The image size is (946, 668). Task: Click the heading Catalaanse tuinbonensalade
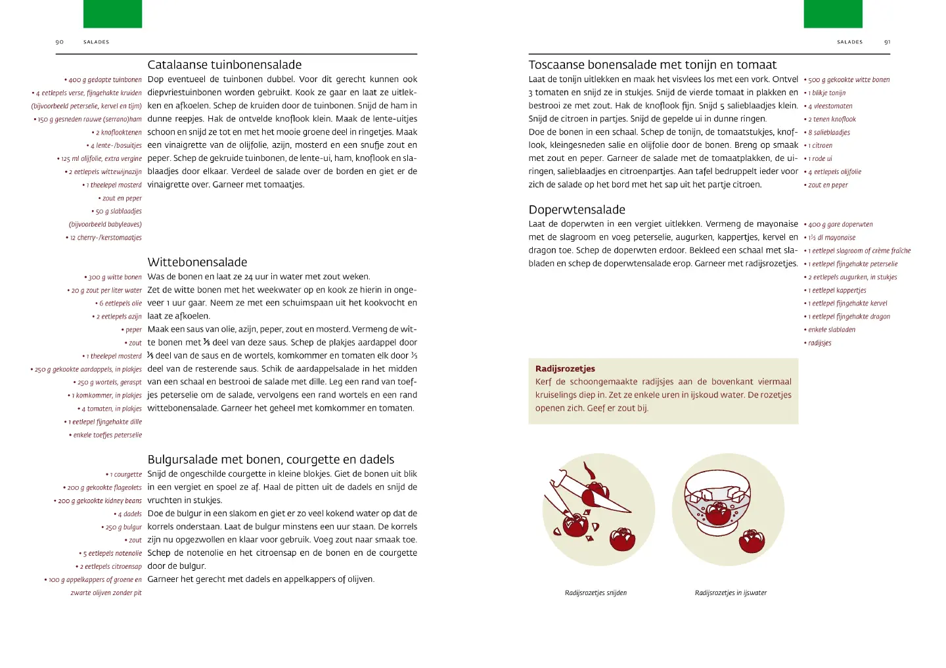point(224,65)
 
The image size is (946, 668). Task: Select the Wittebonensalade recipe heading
point(197,262)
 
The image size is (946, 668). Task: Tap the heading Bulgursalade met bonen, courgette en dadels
point(271,460)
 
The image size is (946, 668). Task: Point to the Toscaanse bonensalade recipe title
point(652,65)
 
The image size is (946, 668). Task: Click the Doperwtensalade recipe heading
point(577,210)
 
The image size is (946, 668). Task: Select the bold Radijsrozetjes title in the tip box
point(565,369)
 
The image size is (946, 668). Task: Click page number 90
point(60,42)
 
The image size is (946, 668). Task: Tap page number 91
point(887,42)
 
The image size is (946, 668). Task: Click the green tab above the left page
point(112,14)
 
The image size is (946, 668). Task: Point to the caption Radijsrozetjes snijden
point(596,593)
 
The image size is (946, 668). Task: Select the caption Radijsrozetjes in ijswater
point(731,593)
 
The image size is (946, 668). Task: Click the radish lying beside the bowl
point(752,541)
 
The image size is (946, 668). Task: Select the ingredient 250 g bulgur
point(123,527)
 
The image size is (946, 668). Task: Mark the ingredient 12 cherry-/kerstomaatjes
point(105,238)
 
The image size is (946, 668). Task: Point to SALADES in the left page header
point(96,42)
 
